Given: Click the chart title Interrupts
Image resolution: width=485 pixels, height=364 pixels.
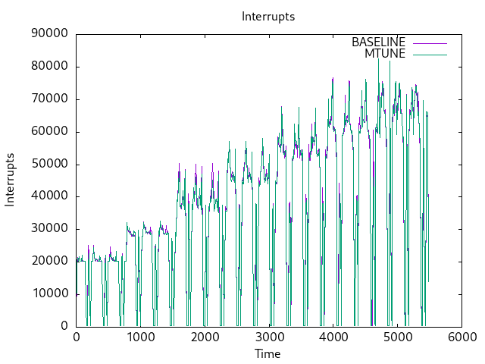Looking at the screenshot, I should pos(268,16).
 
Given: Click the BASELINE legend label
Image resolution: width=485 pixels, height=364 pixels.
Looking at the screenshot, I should pos(378,42).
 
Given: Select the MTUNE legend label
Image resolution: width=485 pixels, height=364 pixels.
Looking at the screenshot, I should pos(385,54).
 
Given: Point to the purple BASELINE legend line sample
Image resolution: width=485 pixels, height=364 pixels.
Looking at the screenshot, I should pos(429,42).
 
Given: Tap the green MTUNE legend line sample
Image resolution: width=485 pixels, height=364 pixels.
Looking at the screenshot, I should pos(429,54).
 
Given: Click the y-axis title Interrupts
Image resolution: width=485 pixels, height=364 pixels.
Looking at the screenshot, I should pos(11,180).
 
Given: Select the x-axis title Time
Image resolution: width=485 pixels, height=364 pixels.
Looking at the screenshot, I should pos(268,354).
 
